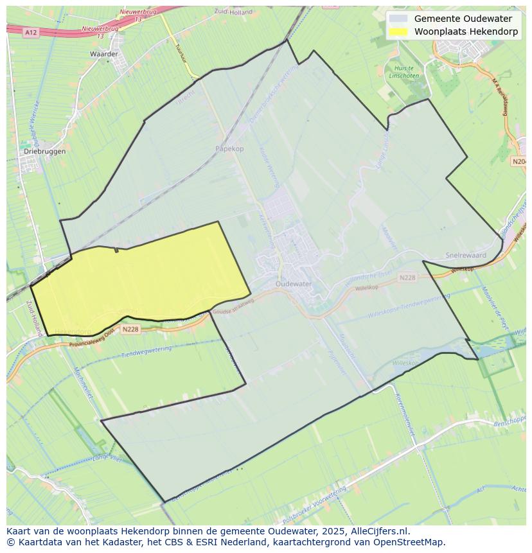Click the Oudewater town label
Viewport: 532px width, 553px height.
(x=293, y=283)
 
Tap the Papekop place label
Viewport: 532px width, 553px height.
(x=229, y=148)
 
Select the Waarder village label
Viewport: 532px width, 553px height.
(x=104, y=54)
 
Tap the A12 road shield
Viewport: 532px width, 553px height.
(x=30, y=31)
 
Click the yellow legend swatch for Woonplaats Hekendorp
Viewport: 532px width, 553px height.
(x=398, y=31)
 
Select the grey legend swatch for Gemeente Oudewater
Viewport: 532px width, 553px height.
(x=398, y=19)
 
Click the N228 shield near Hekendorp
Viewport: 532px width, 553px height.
(x=130, y=329)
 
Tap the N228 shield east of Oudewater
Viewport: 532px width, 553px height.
(x=407, y=277)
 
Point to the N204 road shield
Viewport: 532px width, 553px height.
(x=519, y=161)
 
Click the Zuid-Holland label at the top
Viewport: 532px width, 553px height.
(x=233, y=12)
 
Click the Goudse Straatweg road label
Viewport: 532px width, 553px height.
(x=230, y=309)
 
